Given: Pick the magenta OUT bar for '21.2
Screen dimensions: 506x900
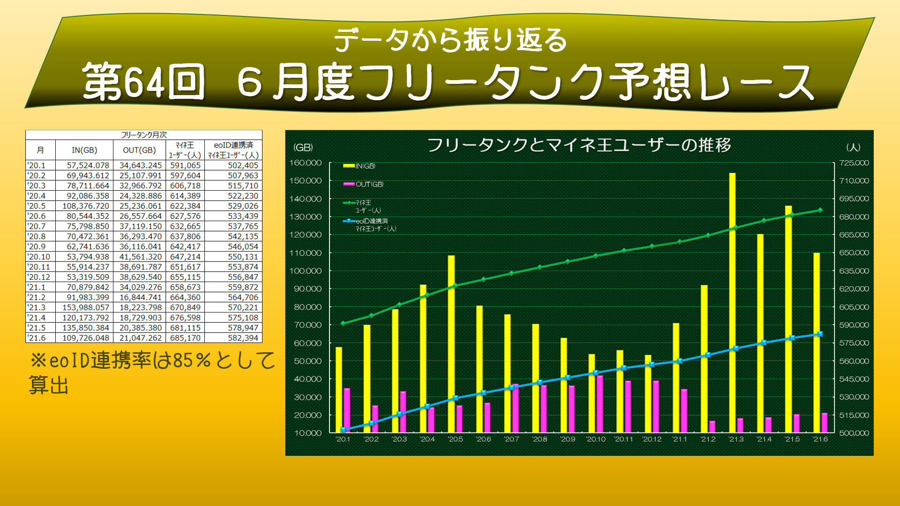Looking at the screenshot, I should coord(712,426).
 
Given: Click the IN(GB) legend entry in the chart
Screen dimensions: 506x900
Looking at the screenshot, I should coord(360,166).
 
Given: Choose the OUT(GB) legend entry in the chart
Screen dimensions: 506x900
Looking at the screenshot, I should coord(364,184).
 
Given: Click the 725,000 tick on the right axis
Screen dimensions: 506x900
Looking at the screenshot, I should coord(854,163).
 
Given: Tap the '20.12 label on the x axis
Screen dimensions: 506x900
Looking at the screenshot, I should coord(652,439).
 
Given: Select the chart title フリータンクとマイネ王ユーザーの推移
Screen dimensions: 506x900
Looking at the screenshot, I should coord(579,145).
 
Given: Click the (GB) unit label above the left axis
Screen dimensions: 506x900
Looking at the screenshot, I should coord(303,147).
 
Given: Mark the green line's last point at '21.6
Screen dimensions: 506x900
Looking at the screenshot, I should coord(820,210).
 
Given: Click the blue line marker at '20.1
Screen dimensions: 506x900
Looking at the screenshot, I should coord(343,430).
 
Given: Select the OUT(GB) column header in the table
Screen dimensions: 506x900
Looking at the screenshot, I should coord(139,150).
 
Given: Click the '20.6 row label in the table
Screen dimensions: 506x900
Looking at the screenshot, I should coord(37,216).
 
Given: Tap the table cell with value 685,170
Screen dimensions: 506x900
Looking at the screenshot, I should coord(185,338).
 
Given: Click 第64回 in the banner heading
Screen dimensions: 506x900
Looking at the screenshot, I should coord(143,82).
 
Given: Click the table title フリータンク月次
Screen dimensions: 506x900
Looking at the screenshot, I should coord(143,135).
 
